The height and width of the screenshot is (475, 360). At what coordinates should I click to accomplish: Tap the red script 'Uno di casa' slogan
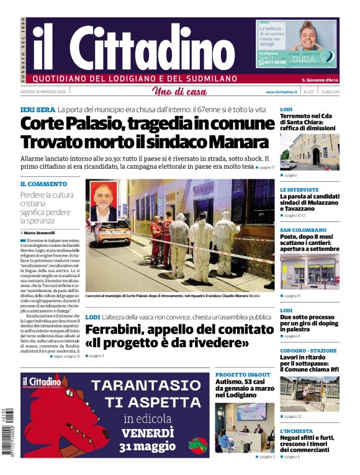(179, 92)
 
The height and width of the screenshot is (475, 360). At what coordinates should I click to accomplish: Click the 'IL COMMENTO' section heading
(43, 184)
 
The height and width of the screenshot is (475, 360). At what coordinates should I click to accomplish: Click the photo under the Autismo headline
(245, 428)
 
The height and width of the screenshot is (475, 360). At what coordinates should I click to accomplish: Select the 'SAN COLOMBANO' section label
(303, 229)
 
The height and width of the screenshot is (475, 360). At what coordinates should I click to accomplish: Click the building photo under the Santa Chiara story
(309, 152)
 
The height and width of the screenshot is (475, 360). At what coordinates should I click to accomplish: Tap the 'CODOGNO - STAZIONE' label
(308, 350)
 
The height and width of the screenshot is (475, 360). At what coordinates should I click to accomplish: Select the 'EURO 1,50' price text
(330, 92)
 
